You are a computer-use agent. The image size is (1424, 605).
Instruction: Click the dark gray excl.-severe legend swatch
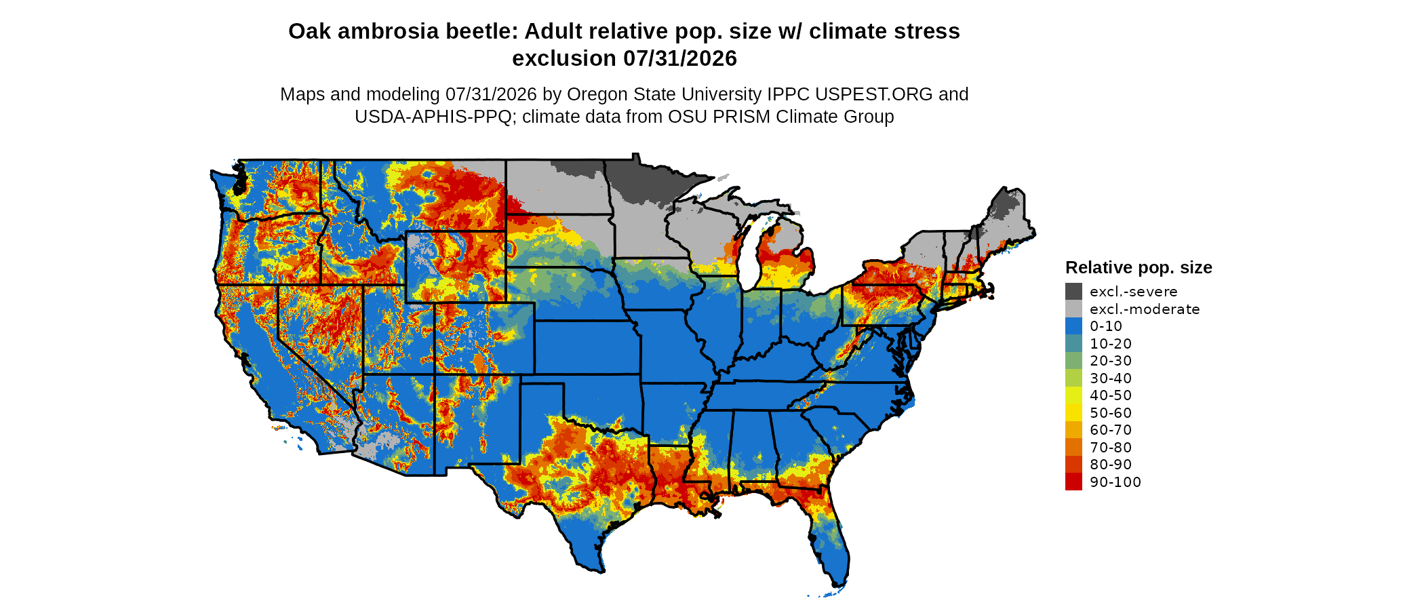pos(1073,292)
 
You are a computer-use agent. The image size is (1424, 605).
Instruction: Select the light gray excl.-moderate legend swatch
pos(1073,309)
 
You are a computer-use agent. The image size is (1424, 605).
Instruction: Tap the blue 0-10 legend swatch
pos(1073,326)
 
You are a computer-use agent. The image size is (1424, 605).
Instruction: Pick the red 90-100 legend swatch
pos(1073,482)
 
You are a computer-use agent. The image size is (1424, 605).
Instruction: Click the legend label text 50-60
pos(1111,413)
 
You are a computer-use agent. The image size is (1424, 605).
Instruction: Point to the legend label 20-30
pos(1111,361)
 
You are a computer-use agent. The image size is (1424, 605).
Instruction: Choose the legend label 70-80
pos(1111,448)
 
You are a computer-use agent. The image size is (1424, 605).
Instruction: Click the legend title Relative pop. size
pos(1139,267)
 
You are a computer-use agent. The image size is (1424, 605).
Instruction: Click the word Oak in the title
pos(306,31)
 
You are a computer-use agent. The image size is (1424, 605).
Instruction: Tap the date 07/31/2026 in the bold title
pos(680,58)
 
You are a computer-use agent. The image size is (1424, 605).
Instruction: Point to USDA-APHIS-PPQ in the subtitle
pos(433,117)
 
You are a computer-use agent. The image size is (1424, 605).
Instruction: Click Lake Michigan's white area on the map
pos(749,261)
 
